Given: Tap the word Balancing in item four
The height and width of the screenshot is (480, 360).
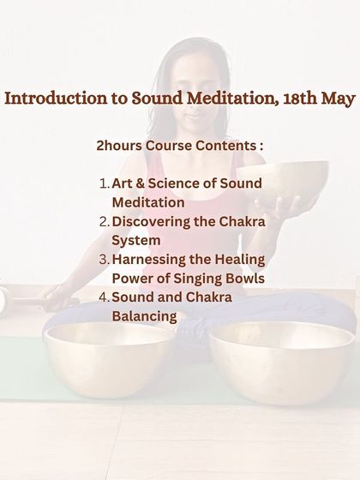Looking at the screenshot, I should (x=144, y=316).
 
